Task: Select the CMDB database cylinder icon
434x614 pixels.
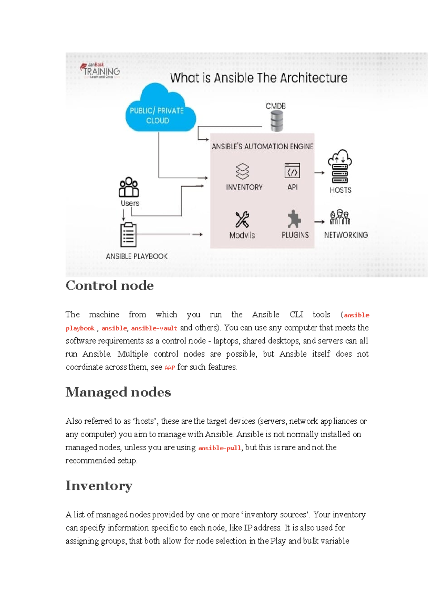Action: pos(277,121)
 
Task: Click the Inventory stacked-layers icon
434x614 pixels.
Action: pos(242,171)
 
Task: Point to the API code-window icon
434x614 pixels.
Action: pos(292,171)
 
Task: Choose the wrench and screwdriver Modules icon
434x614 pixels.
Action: pos(242,219)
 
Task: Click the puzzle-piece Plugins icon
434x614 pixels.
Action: pos(294,219)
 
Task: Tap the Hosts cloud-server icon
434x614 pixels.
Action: pos(340,167)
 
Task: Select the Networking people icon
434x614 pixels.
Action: pos(340,217)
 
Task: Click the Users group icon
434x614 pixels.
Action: pos(129,187)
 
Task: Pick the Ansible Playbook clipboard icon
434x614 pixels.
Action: pos(128,235)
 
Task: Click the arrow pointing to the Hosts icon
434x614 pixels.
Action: pos(319,173)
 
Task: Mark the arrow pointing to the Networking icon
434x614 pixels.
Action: pos(319,222)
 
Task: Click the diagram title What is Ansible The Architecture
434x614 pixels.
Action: pos(259,78)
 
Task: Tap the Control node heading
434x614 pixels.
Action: pos(110,286)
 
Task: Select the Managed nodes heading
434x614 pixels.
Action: pos(118,392)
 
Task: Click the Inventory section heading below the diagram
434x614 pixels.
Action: pos(99,486)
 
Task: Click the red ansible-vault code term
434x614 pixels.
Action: pos(154,328)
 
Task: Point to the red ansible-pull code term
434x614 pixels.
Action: pos(220,448)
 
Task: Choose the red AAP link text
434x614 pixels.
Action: pos(170,368)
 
